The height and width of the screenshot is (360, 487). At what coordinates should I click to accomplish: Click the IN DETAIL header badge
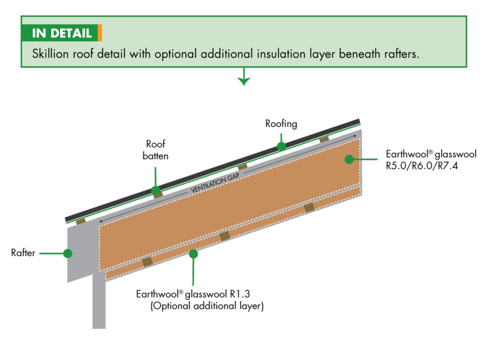point(60,33)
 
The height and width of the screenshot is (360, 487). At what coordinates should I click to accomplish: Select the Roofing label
point(281,124)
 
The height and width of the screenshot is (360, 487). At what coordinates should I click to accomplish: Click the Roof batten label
point(156,150)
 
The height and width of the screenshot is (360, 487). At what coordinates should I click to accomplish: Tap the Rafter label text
point(23,253)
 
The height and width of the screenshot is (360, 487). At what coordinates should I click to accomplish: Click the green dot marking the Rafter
point(68,253)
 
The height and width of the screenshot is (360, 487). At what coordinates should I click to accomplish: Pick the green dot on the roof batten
point(156,191)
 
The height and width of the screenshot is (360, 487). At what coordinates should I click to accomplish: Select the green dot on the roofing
point(281,146)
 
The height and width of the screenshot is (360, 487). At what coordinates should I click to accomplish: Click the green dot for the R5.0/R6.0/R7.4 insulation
point(349,159)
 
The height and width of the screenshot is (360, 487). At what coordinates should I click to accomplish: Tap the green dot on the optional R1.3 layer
point(193,253)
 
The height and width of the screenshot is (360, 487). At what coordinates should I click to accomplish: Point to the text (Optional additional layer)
point(206,306)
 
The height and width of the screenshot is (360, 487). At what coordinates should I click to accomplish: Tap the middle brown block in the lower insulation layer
point(225,236)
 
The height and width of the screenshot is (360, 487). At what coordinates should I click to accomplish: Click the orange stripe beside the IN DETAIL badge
point(100,33)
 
